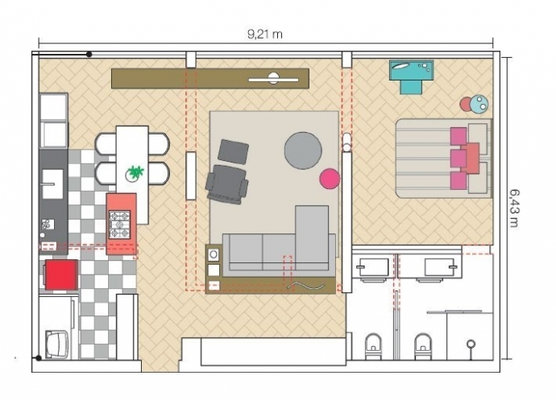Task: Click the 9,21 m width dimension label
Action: coord(265,35)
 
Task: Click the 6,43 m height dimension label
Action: coord(515,208)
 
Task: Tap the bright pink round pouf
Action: coord(330,179)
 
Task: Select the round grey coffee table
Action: coord(303,151)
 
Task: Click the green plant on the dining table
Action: coord(135,172)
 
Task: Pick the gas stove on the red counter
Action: coord(120,225)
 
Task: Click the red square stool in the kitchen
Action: coord(61,274)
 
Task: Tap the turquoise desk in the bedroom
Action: coord(411,76)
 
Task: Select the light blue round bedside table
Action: coord(479,104)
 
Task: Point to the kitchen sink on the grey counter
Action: coord(53,184)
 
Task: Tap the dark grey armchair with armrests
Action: coord(227,184)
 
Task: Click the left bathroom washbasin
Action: coord(374,268)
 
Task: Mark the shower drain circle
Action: coord(471,343)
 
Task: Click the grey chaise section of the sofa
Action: coord(312,237)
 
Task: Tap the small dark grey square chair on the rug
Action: coord(234,151)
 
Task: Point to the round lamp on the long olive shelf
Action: coord(273,78)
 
